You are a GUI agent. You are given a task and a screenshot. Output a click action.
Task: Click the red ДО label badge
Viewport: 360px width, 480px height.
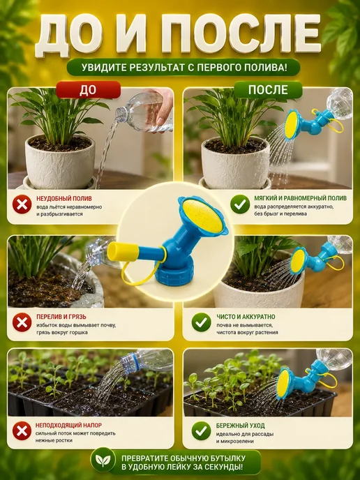(x=89, y=90)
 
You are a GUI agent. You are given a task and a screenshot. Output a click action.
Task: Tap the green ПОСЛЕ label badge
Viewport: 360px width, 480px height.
(x=268, y=90)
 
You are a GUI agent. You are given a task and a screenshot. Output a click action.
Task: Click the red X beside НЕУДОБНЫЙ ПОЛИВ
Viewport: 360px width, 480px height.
(x=22, y=204)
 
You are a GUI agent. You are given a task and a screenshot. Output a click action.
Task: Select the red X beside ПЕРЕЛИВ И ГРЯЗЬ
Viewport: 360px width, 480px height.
(x=22, y=322)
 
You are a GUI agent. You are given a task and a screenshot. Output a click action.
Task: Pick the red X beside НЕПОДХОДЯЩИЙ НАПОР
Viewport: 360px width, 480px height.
(x=22, y=430)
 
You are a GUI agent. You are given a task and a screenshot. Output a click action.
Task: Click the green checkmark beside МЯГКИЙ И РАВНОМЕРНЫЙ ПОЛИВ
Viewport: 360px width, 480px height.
(x=240, y=204)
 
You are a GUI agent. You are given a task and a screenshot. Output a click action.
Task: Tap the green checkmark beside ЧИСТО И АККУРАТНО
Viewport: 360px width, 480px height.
(x=201, y=322)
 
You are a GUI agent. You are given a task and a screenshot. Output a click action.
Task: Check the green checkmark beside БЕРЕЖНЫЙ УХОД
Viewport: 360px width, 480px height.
(x=201, y=430)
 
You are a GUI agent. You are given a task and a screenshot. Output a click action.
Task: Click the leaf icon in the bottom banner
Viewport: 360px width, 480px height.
(x=103, y=460)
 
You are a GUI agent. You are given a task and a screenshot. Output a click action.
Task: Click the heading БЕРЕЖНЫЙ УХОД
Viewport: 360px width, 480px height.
(x=240, y=426)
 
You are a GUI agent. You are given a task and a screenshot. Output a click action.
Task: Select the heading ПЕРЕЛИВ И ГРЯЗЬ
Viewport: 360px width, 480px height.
(x=61, y=317)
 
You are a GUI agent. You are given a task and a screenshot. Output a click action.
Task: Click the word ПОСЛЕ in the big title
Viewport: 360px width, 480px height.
(x=241, y=34)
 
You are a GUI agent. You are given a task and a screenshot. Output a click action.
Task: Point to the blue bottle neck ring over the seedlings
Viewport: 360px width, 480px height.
(x=128, y=361)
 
